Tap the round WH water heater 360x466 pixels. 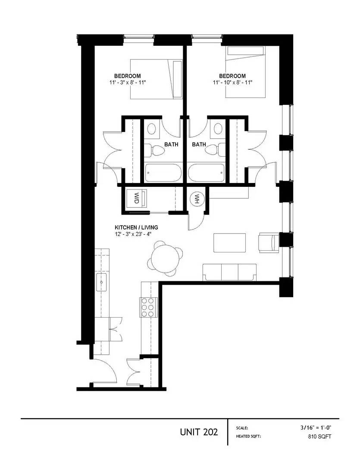click(x=196, y=199)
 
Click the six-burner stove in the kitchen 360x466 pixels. click(x=147, y=307)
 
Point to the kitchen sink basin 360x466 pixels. click(x=102, y=282)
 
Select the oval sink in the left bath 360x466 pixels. click(x=152, y=129)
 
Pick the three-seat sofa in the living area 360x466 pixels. click(x=230, y=272)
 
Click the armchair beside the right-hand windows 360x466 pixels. click(x=269, y=242)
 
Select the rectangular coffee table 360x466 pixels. click(x=230, y=243)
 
